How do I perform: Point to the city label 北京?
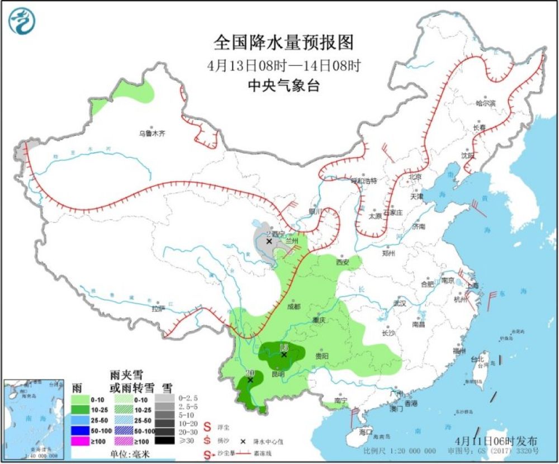click(414, 177)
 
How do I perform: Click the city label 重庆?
click(319, 321)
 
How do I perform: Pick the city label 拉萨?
click(158, 308)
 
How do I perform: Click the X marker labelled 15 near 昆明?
click(284, 354)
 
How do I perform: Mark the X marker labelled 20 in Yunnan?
click(250, 380)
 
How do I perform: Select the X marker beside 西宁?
click(269, 242)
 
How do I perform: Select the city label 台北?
click(476, 359)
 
